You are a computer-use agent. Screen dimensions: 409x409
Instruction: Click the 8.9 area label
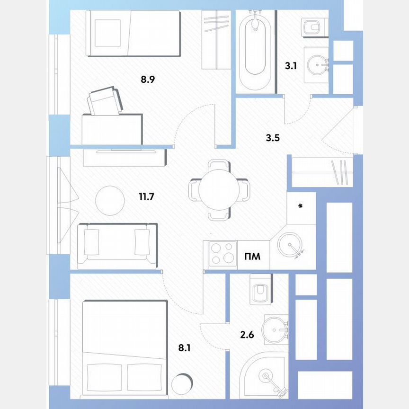pyautogui.click(x=148, y=80)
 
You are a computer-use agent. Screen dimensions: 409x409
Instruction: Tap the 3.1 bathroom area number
pyautogui.click(x=291, y=66)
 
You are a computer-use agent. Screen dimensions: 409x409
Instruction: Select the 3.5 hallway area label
pyautogui.click(x=273, y=139)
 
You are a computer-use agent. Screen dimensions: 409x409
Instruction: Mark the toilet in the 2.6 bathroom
pyautogui.click(x=260, y=290)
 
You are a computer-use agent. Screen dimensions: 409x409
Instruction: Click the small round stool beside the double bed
pyautogui.click(x=182, y=384)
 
